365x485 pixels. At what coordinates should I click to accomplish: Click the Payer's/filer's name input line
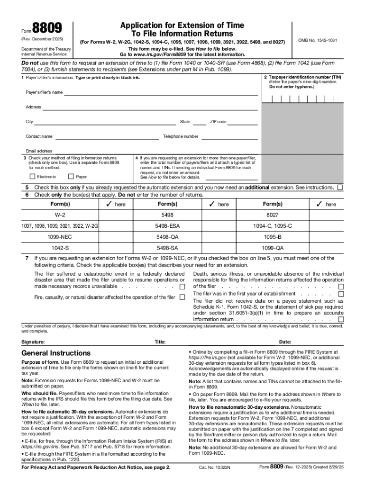pos(161,92)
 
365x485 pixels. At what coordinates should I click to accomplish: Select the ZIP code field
pos(242,122)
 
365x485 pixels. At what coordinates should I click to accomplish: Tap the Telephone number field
pos(229,137)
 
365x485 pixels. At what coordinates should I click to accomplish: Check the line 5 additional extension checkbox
pos(340,188)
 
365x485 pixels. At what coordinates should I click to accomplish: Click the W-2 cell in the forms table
pos(60,215)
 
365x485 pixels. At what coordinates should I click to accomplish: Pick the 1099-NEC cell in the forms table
pos(60,236)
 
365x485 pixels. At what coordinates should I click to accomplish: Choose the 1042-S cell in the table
pos(60,248)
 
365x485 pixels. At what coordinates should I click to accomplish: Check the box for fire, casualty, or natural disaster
pos(182,297)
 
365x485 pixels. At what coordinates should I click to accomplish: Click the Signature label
pos(33,342)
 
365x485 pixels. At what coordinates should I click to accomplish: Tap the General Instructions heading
pos(56,353)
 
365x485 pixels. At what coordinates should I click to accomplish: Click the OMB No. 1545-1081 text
pos(318,40)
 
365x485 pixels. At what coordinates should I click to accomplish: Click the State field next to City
pos(200,122)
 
